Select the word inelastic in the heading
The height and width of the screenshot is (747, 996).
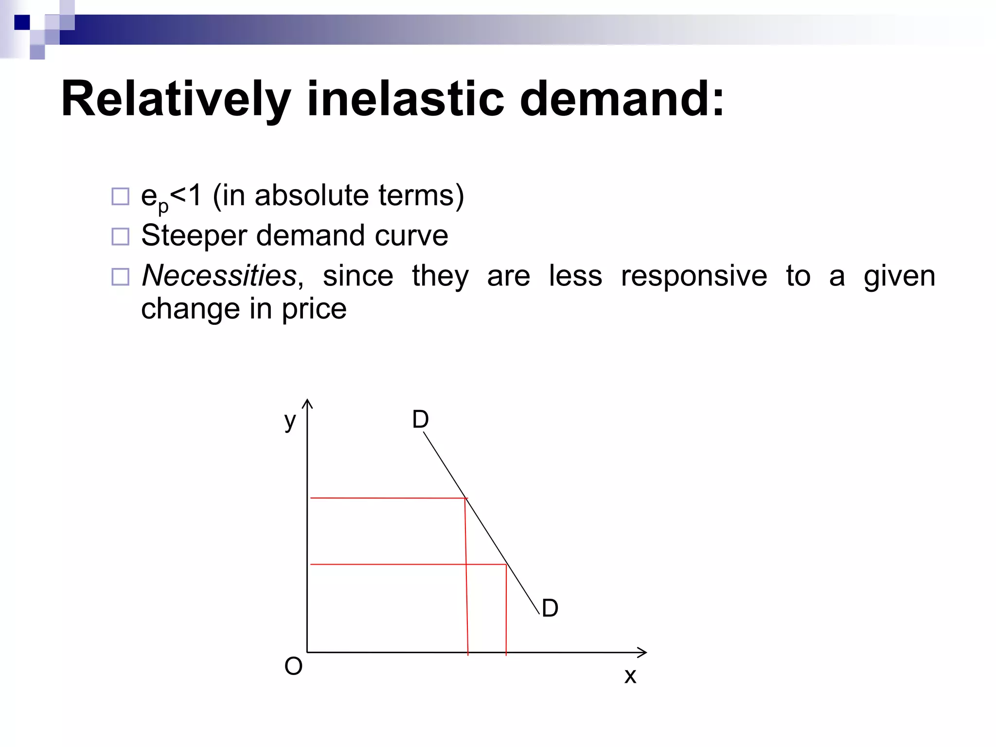pyautogui.click(x=406, y=99)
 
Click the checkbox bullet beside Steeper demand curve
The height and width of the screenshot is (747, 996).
pyautogui.click(x=120, y=237)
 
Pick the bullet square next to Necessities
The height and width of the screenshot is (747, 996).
pyautogui.click(x=120, y=277)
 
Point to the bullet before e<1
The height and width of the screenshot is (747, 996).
pyautogui.click(x=120, y=196)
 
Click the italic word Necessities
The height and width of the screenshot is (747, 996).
pyautogui.click(x=219, y=276)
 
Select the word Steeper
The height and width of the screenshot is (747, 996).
pyautogui.click(x=194, y=236)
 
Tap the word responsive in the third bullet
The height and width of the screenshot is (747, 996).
pyautogui.click(x=694, y=276)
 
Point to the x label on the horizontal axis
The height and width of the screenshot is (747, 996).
pyautogui.click(x=630, y=676)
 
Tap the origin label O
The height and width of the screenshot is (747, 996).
pyautogui.click(x=293, y=666)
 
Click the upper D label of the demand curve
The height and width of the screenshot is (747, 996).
pyautogui.click(x=421, y=419)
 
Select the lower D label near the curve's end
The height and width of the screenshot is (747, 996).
pyautogui.click(x=550, y=608)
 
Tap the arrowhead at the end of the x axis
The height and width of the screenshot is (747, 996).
pyautogui.click(x=643, y=653)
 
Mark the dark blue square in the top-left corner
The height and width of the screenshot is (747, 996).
pyautogui.click(x=22, y=22)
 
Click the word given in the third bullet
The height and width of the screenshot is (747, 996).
pyautogui.click(x=899, y=276)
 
